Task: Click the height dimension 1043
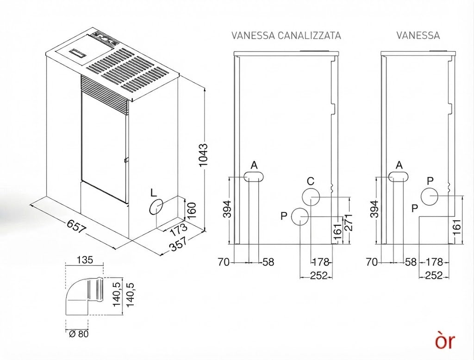[204, 155]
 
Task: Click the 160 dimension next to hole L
[192, 211]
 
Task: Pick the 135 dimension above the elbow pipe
[85, 260]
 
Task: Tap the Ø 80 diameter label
[79, 334]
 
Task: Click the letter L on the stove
[153, 193]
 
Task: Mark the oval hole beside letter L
[156, 207]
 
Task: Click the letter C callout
[311, 181]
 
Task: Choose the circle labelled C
[311, 197]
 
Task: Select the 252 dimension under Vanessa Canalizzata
[319, 276]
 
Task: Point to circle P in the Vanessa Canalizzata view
[300, 217]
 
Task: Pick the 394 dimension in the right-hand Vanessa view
[375, 209]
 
